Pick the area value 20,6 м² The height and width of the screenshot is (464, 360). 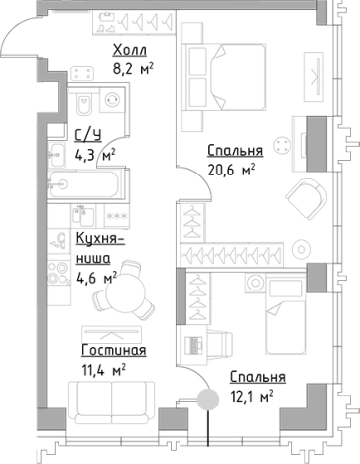tap(231, 170)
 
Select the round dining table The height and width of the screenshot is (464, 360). tap(135, 292)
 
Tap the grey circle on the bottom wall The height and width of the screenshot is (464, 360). tap(207, 401)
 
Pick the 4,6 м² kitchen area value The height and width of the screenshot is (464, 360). tap(97, 277)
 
